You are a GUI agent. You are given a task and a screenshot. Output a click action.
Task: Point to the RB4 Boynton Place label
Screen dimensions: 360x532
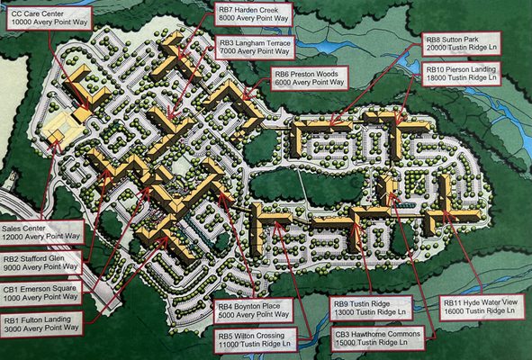[255, 310]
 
